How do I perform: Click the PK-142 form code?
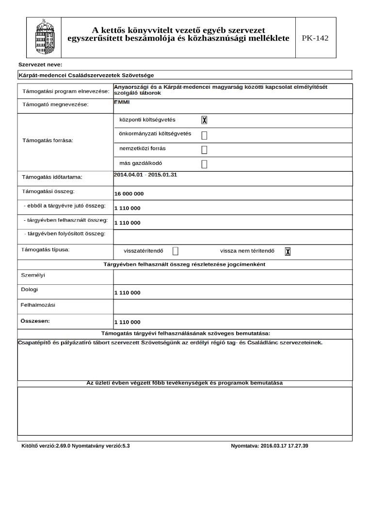[315, 38]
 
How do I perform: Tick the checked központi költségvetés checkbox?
[204, 120]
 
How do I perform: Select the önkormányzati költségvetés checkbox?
[204, 135]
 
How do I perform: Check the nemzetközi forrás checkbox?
[204, 149]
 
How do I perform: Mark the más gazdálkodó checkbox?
[204, 164]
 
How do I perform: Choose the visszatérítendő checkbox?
[176, 251]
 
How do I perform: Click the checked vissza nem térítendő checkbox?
[288, 251]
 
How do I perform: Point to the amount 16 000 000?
[129, 194]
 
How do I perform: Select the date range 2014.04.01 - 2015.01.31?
[145, 174]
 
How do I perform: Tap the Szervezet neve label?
[40, 65]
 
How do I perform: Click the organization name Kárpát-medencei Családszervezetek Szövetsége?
[86, 75]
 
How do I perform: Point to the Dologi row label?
[29, 290]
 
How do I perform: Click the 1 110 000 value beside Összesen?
[128, 322]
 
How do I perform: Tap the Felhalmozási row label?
[38, 305]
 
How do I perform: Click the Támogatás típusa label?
[46, 250]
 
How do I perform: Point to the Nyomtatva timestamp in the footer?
[270, 445]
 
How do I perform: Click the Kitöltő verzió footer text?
[76, 445]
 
